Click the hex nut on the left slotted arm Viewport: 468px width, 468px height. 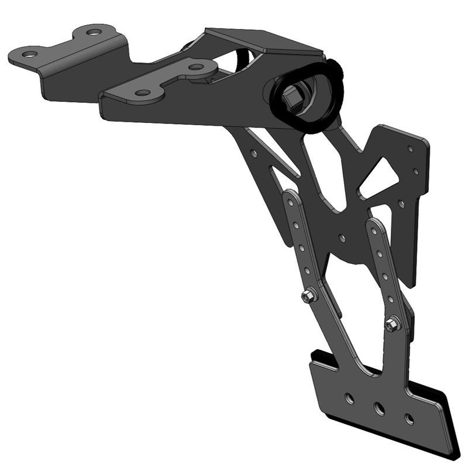(308, 297)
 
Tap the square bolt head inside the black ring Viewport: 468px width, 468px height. (293, 97)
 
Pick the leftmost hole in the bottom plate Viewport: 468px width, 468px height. (349, 398)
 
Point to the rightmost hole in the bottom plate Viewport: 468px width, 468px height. (409, 419)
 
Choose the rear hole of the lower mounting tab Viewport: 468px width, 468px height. (194, 67)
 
